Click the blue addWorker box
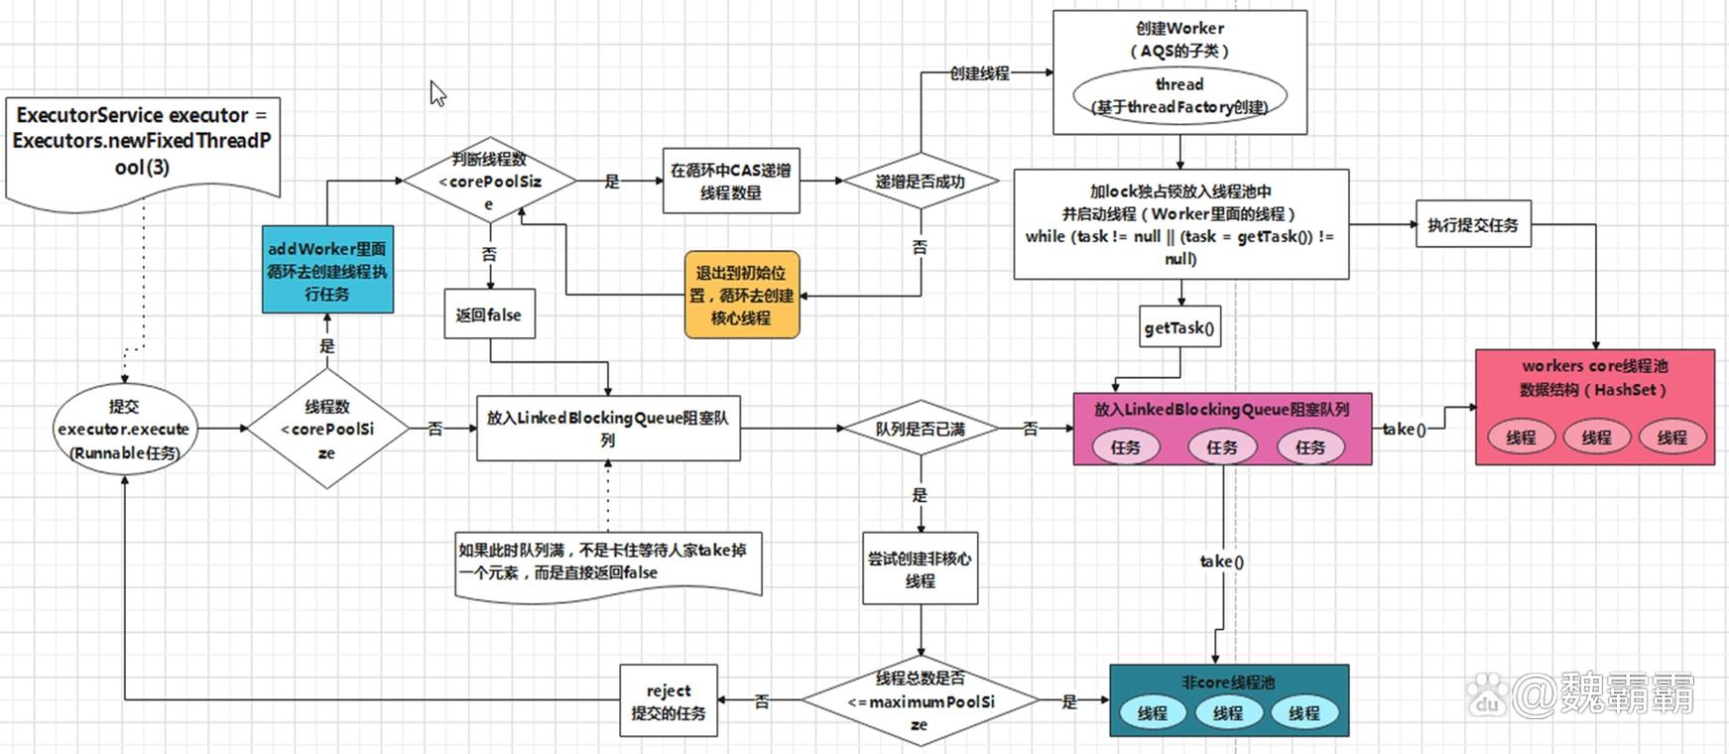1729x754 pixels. (x=327, y=270)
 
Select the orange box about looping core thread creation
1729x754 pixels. (x=741, y=295)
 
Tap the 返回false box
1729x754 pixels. (x=488, y=314)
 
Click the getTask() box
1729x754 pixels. (x=1179, y=327)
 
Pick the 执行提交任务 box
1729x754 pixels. (x=1472, y=225)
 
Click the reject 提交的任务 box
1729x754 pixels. (x=669, y=700)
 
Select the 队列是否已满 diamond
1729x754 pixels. (x=920, y=429)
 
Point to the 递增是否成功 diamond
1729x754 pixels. (x=920, y=182)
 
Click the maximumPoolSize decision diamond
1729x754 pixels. (x=920, y=700)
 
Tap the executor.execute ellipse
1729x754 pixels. (x=124, y=430)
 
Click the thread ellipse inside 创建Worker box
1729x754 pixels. (x=1179, y=96)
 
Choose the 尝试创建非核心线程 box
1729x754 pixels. (x=920, y=569)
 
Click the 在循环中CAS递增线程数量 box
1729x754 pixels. (x=730, y=181)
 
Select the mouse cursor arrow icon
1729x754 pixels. (x=437, y=93)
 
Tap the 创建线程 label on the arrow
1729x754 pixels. (x=979, y=72)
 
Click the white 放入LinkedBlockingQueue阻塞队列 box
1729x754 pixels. (x=608, y=429)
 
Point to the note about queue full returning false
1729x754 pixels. (x=607, y=562)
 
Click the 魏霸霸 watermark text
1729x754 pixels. (x=1627, y=693)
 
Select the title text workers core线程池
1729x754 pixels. (x=1594, y=365)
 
